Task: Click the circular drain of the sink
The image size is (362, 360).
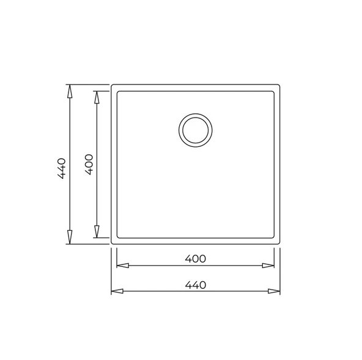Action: point(196,130)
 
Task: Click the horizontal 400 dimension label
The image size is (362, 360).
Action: point(196,258)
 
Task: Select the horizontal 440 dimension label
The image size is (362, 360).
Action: point(196,285)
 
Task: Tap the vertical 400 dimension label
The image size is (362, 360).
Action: point(89,164)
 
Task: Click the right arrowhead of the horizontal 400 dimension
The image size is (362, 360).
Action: point(268,266)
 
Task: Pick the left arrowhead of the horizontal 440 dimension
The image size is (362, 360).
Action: point(117,291)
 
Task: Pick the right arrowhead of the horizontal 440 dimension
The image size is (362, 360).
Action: point(274,291)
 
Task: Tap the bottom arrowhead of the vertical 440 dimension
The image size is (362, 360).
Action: point(70,237)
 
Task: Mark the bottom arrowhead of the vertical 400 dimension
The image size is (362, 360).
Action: point(96,231)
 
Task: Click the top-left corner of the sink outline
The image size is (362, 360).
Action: point(111,85)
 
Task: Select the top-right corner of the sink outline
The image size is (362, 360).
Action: point(280,85)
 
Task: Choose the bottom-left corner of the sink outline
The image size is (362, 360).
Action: point(111,244)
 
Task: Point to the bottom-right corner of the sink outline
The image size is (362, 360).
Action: point(280,244)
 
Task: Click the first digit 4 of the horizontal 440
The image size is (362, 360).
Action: point(187,285)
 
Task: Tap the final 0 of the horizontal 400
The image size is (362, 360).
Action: point(202,258)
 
